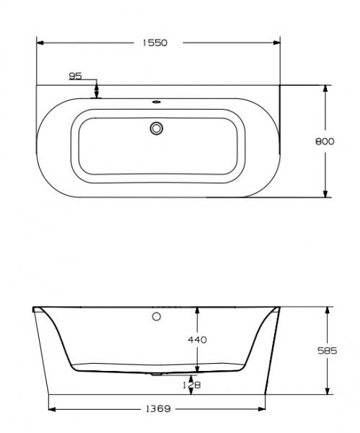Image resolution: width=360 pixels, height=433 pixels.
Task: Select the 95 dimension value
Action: [76, 75]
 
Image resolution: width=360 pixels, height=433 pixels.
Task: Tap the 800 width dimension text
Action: [325, 141]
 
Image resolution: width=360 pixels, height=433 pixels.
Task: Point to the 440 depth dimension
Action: [197, 339]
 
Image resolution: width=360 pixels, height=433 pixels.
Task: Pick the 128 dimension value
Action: [191, 385]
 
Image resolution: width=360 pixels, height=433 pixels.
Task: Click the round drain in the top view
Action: [157, 128]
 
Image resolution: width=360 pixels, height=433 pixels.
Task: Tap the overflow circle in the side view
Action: [157, 316]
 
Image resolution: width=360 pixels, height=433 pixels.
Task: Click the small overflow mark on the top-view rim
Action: [157, 102]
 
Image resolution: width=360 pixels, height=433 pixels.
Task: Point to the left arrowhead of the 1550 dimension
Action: [40, 43]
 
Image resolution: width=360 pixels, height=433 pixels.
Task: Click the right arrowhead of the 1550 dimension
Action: [277, 43]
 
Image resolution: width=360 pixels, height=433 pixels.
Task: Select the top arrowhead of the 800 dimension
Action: [325, 89]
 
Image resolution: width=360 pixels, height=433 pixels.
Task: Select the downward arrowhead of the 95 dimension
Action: [96, 92]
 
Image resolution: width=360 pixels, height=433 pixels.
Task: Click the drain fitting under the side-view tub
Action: [158, 376]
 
